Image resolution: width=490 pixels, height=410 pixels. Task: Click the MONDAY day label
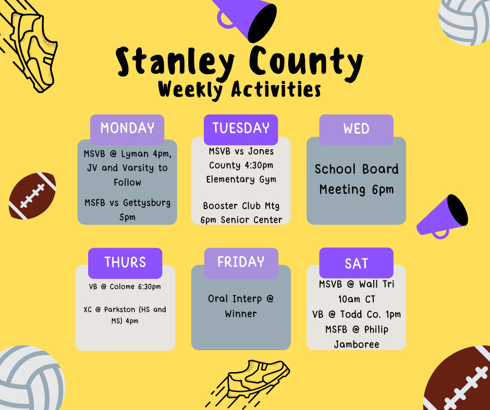click(127, 128)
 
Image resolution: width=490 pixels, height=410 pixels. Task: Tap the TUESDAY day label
click(241, 128)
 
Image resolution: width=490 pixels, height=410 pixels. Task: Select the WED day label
click(356, 129)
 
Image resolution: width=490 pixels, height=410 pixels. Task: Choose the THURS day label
click(125, 262)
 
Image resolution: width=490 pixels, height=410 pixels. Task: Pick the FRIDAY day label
click(241, 262)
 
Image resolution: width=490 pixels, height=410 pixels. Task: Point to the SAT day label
click(356, 263)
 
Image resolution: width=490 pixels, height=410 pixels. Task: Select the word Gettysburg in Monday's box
click(146, 203)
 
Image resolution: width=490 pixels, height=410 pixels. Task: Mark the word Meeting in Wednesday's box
click(342, 190)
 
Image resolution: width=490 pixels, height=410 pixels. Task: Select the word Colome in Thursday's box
click(122, 287)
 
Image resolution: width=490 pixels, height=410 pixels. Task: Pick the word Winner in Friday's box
click(241, 314)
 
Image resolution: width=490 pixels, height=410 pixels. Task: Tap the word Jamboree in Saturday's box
click(357, 344)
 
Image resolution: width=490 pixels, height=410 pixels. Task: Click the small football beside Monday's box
click(32, 196)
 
